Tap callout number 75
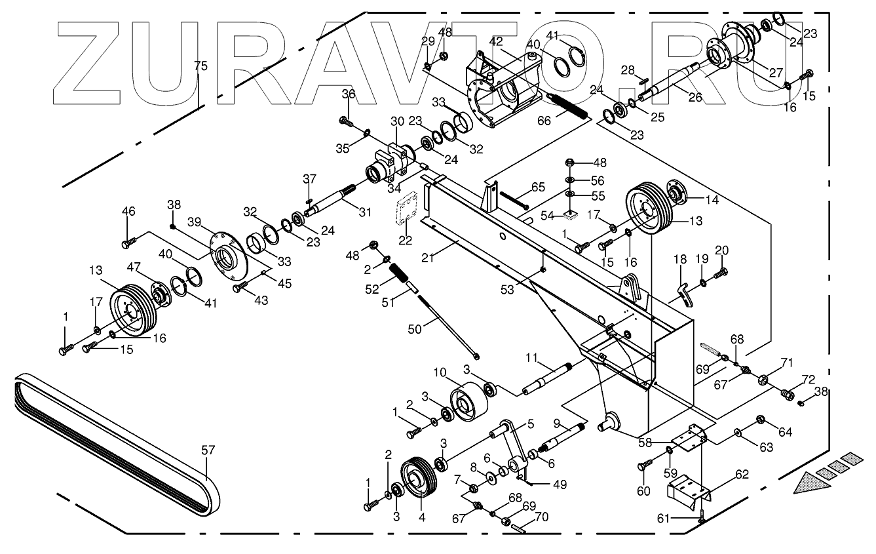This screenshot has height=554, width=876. pyautogui.click(x=201, y=66)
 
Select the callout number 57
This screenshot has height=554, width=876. pyautogui.click(x=208, y=450)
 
